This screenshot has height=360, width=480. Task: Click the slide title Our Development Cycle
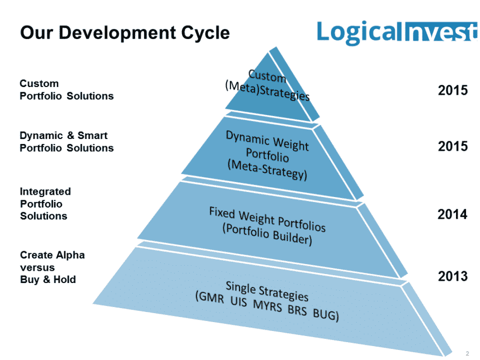click(124, 32)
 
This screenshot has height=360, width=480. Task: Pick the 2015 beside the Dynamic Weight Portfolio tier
click(452, 146)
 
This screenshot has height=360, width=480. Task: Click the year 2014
click(452, 214)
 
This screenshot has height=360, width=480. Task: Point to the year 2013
click(452, 276)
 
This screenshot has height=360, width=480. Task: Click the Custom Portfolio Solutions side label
click(66, 90)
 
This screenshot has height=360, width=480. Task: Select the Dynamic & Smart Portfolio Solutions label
click(66, 142)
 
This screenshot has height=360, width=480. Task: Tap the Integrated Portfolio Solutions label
click(45, 204)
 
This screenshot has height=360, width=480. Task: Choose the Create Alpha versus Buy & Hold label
click(52, 267)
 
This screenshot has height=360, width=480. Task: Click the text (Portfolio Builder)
click(267, 234)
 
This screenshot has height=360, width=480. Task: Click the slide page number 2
click(467, 353)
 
